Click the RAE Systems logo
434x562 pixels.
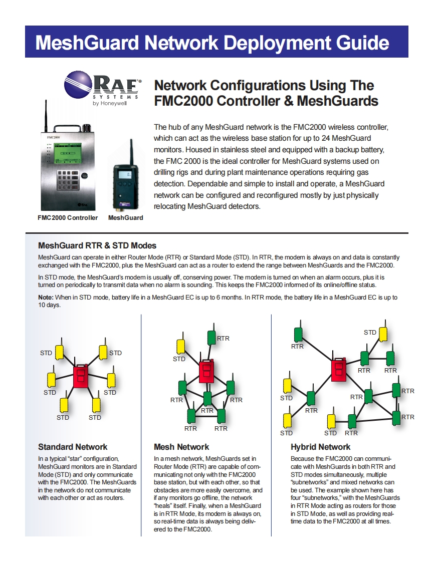[103, 86]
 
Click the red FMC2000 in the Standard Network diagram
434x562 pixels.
[80, 377]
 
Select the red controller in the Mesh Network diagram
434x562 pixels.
[206, 371]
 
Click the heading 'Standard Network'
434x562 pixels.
[73, 447]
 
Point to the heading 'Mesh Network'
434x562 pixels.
[181, 447]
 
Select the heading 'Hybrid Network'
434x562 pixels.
[321, 447]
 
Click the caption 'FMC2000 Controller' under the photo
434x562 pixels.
[68, 218]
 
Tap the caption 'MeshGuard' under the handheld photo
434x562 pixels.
[125, 218]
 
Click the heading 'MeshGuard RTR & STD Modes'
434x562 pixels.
[97, 245]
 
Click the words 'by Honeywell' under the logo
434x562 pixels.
[110, 104]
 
